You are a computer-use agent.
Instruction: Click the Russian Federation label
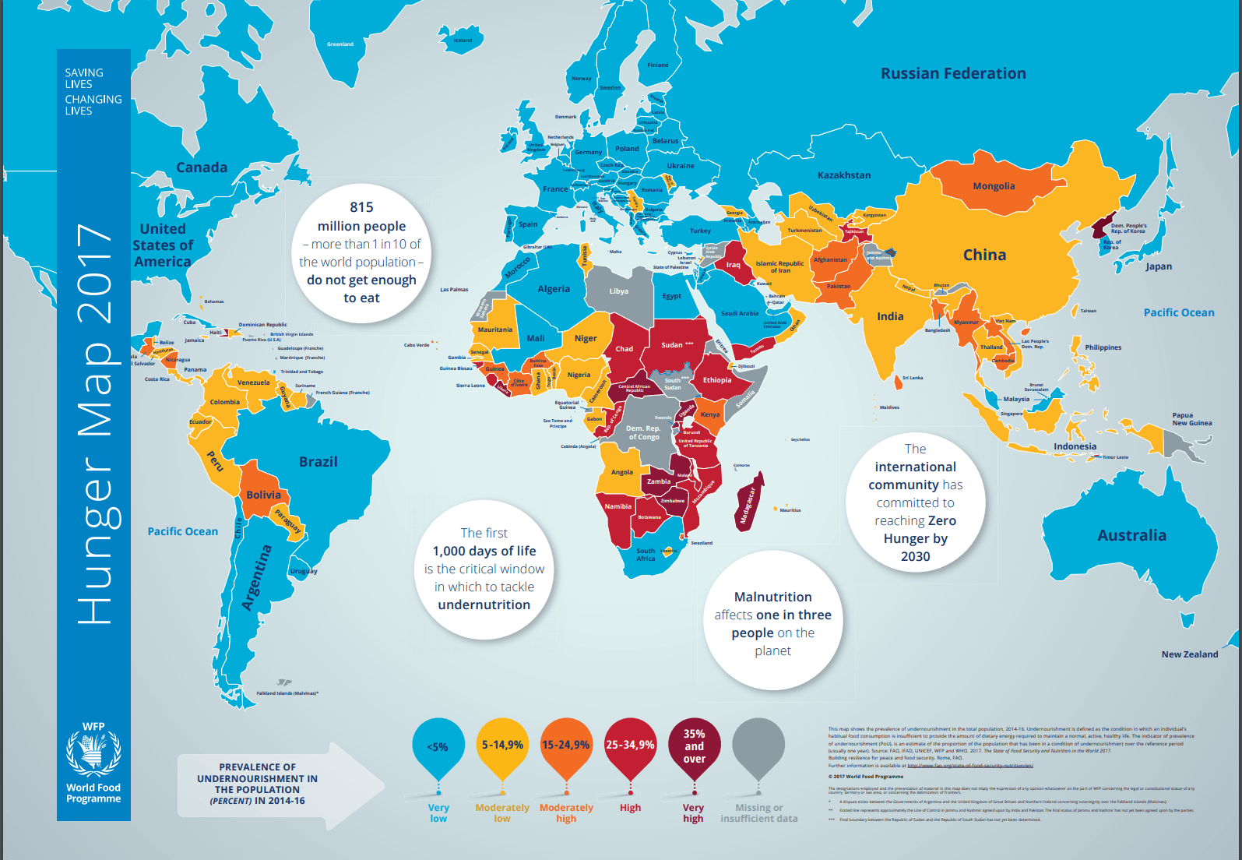(952, 73)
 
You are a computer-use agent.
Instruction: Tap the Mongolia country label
(994, 186)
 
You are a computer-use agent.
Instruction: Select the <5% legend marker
(438, 746)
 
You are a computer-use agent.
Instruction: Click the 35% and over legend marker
(694, 746)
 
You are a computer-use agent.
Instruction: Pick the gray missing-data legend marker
(758, 746)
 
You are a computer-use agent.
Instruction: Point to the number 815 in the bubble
(361, 207)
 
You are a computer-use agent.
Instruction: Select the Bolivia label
(263, 495)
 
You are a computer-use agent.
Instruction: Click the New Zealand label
(1189, 654)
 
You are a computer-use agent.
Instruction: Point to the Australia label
(1131, 535)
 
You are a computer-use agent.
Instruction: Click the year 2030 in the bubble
(915, 556)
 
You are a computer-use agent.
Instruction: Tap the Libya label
(618, 291)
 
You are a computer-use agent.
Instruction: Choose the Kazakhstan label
(844, 175)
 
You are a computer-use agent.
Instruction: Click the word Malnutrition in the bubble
(772, 597)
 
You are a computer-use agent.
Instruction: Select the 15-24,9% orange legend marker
(566, 745)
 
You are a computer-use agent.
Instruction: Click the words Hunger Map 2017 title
(94, 425)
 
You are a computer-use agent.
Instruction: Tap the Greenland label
(340, 44)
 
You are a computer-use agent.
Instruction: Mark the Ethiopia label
(717, 380)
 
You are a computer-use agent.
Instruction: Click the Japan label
(1158, 266)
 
